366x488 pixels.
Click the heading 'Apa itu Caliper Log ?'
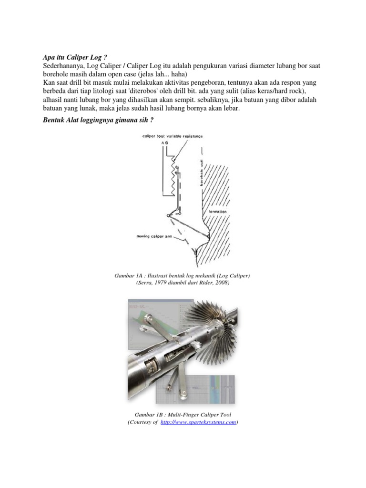coord(71,57)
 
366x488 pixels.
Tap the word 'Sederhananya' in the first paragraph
coord(61,66)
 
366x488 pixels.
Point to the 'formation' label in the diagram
coord(217,211)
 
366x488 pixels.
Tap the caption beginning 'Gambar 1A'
coord(183,275)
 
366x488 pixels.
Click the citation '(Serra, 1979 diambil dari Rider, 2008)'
coord(183,283)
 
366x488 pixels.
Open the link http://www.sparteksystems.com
coord(198,423)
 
